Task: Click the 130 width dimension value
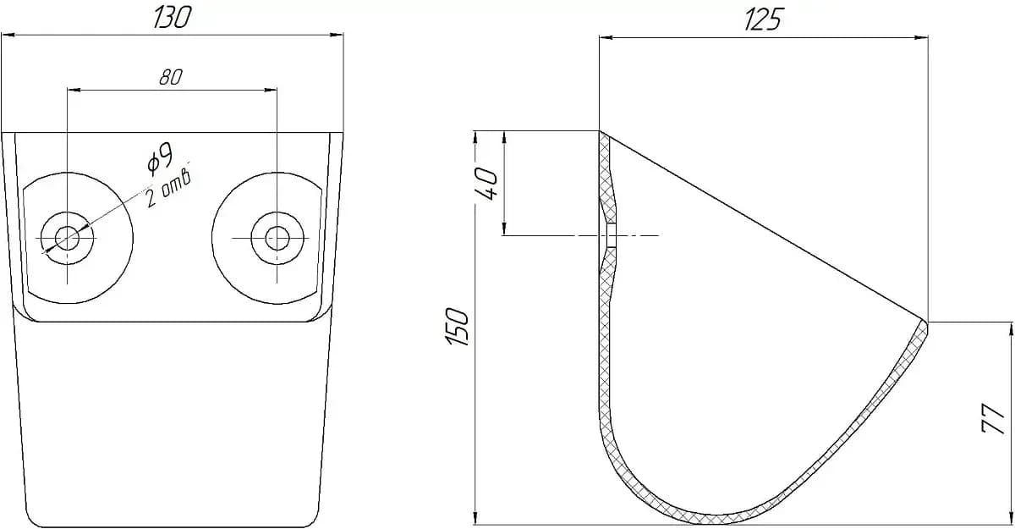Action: [173, 18]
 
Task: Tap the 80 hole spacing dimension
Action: [171, 78]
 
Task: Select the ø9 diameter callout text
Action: [161, 158]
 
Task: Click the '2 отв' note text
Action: [168, 190]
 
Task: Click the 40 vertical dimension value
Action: [486, 183]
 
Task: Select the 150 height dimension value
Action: [457, 327]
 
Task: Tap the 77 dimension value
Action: [993, 418]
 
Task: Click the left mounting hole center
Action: [67, 238]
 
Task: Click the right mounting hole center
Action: [277, 238]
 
